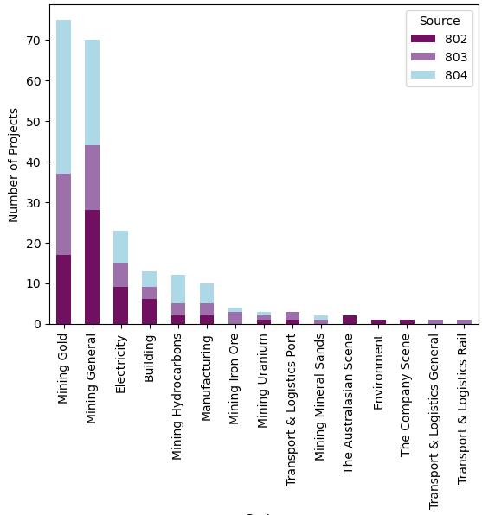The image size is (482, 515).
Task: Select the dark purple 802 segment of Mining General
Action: [x=92, y=267]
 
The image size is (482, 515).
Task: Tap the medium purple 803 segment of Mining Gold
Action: [x=63, y=214]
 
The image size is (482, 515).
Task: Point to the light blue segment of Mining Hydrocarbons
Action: [x=177, y=289]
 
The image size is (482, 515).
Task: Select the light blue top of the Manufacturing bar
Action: [x=206, y=294]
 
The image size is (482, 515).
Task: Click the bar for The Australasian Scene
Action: [x=349, y=320]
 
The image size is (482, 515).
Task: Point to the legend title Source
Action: [x=439, y=21]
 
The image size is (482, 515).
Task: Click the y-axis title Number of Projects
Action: [x=15, y=165]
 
